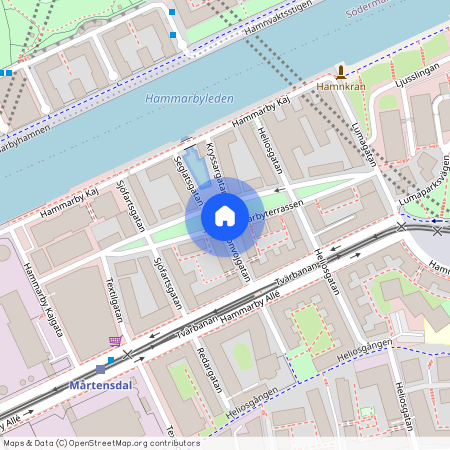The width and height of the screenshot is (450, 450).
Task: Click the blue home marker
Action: click(x=225, y=215)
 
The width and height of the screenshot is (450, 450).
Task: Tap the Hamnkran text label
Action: click(x=341, y=87)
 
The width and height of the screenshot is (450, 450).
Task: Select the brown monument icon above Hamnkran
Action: click(x=341, y=71)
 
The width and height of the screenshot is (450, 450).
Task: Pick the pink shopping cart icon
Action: click(x=116, y=342)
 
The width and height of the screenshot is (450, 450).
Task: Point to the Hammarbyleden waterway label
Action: click(x=189, y=99)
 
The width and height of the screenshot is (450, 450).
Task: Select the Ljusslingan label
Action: click(x=417, y=76)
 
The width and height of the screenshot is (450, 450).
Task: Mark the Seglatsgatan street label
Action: click(x=188, y=178)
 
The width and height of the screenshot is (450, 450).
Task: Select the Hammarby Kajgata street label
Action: click(x=45, y=297)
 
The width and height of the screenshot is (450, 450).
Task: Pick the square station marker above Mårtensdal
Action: click(x=100, y=369)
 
